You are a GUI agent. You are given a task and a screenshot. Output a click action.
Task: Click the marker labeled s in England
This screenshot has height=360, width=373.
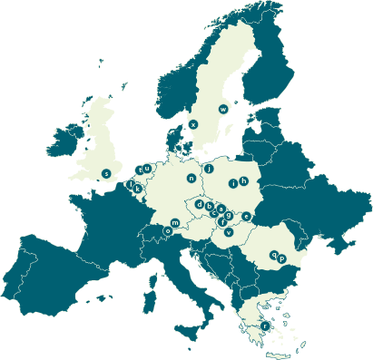(106, 172)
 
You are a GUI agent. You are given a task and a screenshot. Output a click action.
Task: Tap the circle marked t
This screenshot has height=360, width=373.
(139, 170)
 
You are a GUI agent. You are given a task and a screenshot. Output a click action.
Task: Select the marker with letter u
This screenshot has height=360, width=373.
(146, 168)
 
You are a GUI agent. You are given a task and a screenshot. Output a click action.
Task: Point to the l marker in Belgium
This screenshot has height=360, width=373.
(133, 184)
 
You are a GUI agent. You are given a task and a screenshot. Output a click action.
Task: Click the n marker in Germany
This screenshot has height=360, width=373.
(191, 179)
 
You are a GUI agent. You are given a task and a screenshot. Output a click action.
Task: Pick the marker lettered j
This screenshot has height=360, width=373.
(209, 168)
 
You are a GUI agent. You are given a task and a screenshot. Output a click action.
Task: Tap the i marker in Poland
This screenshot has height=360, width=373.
(233, 182)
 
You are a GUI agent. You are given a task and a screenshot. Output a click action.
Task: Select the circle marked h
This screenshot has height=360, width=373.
(243, 182)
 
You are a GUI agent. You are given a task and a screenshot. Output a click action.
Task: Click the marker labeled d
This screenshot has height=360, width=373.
(199, 206)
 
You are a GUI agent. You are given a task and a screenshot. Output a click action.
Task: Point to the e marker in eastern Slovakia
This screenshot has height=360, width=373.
(246, 216)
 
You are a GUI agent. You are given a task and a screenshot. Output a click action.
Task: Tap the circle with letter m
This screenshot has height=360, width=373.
(175, 222)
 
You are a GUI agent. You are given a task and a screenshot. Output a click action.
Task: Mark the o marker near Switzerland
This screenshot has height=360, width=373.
(167, 230)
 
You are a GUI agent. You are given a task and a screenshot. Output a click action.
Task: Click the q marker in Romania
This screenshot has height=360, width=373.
(273, 256)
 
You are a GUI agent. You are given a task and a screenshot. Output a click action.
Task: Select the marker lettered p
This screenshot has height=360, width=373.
(282, 258)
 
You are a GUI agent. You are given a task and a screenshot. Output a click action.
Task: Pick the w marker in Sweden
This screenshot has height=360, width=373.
(223, 109)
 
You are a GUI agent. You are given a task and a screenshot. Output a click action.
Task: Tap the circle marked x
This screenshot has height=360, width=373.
(192, 124)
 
